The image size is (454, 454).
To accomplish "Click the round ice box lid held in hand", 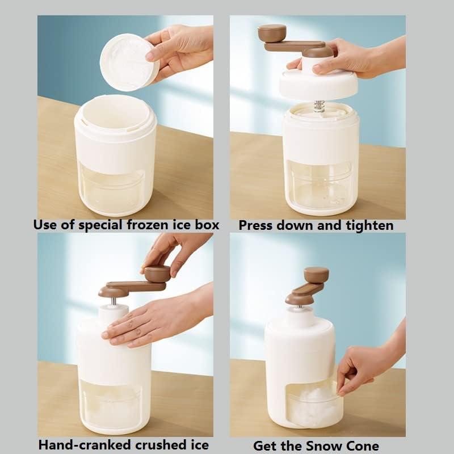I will point(128,62).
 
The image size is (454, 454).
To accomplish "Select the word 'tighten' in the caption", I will point(369,225).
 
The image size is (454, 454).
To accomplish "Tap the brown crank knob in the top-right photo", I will point(272,32).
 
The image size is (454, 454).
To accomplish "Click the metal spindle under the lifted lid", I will point(319,106).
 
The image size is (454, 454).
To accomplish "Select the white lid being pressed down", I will point(318,84).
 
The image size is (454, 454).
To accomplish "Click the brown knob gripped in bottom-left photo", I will point(157,274).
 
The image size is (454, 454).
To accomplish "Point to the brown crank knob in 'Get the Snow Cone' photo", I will point(316,275).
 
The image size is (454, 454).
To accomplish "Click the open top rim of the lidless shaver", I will point(116,111).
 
